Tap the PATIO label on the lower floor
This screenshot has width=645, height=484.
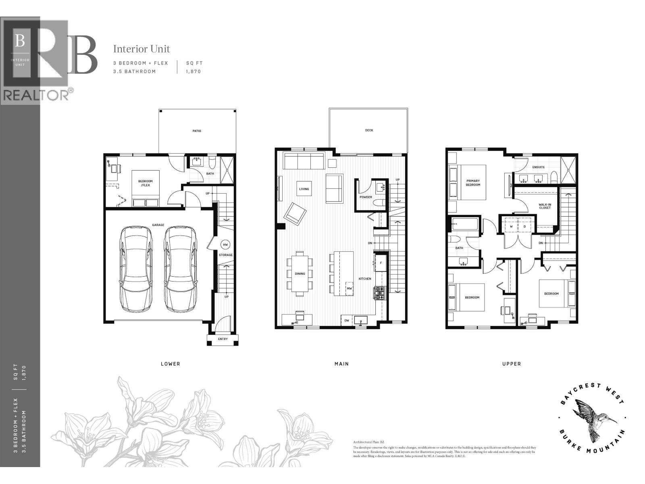[x=197, y=131]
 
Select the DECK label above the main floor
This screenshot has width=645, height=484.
[x=369, y=130]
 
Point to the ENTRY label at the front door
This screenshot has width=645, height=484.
[x=223, y=339]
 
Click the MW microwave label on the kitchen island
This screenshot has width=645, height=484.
[x=349, y=288]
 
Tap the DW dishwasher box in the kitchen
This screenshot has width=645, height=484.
[x=347, y=321]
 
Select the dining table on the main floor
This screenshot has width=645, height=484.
[x=300, y=273]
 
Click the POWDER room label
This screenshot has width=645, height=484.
[x=366, y=197]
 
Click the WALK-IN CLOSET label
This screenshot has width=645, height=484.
[x=545, y=206]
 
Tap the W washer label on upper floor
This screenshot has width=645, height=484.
[x=511, y=226]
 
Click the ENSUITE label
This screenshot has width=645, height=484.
[x=538, y=167]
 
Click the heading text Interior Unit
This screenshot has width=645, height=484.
[x=141, y=49]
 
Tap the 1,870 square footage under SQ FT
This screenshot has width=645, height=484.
[x=193, y=71]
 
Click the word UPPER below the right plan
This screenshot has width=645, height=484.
[x=511, y=364]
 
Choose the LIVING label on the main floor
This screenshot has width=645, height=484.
[x=304, y=189]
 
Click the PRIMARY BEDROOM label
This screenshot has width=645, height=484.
[x=473, y=183]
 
